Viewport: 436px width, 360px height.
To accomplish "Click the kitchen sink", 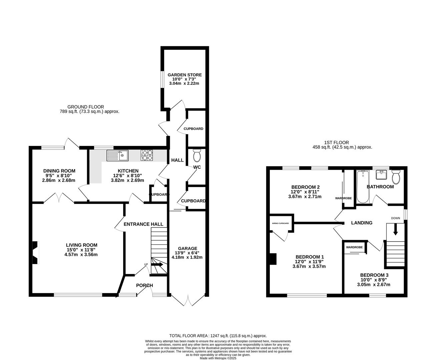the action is [x=117, y=155].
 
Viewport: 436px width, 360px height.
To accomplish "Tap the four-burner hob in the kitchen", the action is [x=146, y=155].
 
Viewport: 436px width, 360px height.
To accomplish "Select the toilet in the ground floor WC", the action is [x=197, y=155].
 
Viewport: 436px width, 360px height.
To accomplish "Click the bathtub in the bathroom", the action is [x=363, y=187].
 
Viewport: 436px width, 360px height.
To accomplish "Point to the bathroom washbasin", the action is [x=381, y=175].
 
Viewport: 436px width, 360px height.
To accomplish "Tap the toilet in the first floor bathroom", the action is [x=396, y=177].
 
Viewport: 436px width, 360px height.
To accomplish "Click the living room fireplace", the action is [x=35, y=253].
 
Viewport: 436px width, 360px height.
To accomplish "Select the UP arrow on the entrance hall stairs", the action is [x=157, y=265].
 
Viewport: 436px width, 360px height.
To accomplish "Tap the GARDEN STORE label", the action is [x=184, y=75].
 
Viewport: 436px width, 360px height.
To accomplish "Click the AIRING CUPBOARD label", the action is [x=281, y=223].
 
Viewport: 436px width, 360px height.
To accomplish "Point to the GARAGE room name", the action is [x=187, y=248].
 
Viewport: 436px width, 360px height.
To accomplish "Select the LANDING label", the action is [x=362, y=223].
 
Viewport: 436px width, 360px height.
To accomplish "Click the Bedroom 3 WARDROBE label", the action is [x=354, y=247].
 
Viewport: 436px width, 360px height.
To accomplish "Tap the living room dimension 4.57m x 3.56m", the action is [x=81, y=255].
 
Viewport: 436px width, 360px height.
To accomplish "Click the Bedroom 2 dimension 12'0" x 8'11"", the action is [x=305, y=192].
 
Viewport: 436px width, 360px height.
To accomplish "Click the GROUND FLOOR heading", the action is [x=86, y=107].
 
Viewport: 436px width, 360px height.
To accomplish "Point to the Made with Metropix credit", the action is [x=218, y=358].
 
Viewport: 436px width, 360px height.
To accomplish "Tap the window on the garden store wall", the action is [x=162, y=80].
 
